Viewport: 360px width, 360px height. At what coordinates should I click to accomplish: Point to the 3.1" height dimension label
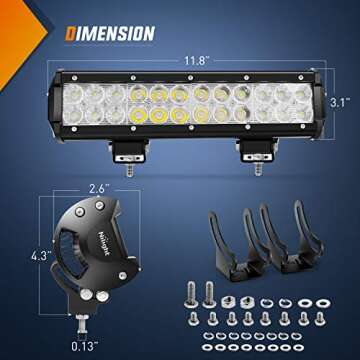point(339,101)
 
